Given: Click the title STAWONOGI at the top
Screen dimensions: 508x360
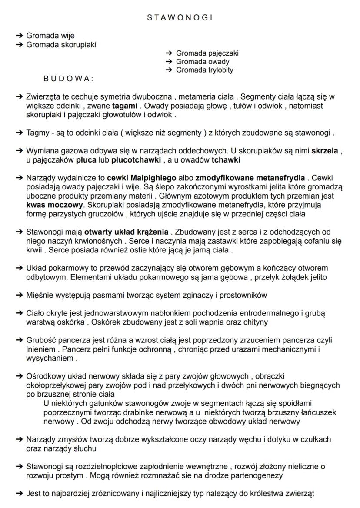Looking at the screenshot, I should pyautogui.click(x=180, y=17).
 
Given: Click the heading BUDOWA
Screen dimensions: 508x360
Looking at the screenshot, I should pyautogui.click(x=68, y=79).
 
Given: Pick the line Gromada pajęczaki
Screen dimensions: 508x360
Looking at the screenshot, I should pyautogui.click(x=207, y=53).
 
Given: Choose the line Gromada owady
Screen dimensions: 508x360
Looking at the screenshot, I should pyautogui.click(x=203, y=62).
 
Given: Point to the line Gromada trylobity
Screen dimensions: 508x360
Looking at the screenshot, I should pyautogui.click(x=204, y=70).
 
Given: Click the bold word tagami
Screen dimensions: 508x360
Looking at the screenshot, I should pyautogui.click(x=123, y=106).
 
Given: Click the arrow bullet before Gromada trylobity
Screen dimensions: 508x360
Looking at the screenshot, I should pyautogui.click(x=169, y=70).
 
